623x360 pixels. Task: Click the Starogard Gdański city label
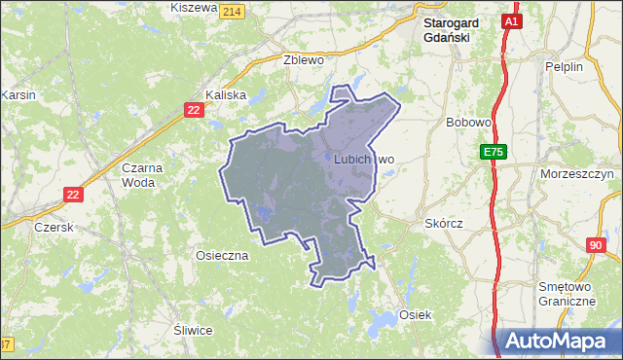click(x=447, y=29)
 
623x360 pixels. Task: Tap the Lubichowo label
click(x=363, y=159)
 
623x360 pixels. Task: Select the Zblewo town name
click(x=302, y=58)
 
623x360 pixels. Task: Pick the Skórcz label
click(x=444, y=223)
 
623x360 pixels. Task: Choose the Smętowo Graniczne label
click(x=568, y=294)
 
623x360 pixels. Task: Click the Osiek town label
click(x=414, y=315)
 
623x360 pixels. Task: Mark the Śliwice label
click(x=192, y=330)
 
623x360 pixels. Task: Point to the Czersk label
click(x=54, y=226)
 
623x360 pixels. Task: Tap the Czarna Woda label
click(x=141, y=174)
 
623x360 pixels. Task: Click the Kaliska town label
click(x=226, y=95)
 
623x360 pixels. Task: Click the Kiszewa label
click(x=193, y=8)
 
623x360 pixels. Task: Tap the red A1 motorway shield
click(x=513, y=19)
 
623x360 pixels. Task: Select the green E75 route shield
click(x=493, y=152)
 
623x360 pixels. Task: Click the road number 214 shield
click(x=231, y=11)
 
